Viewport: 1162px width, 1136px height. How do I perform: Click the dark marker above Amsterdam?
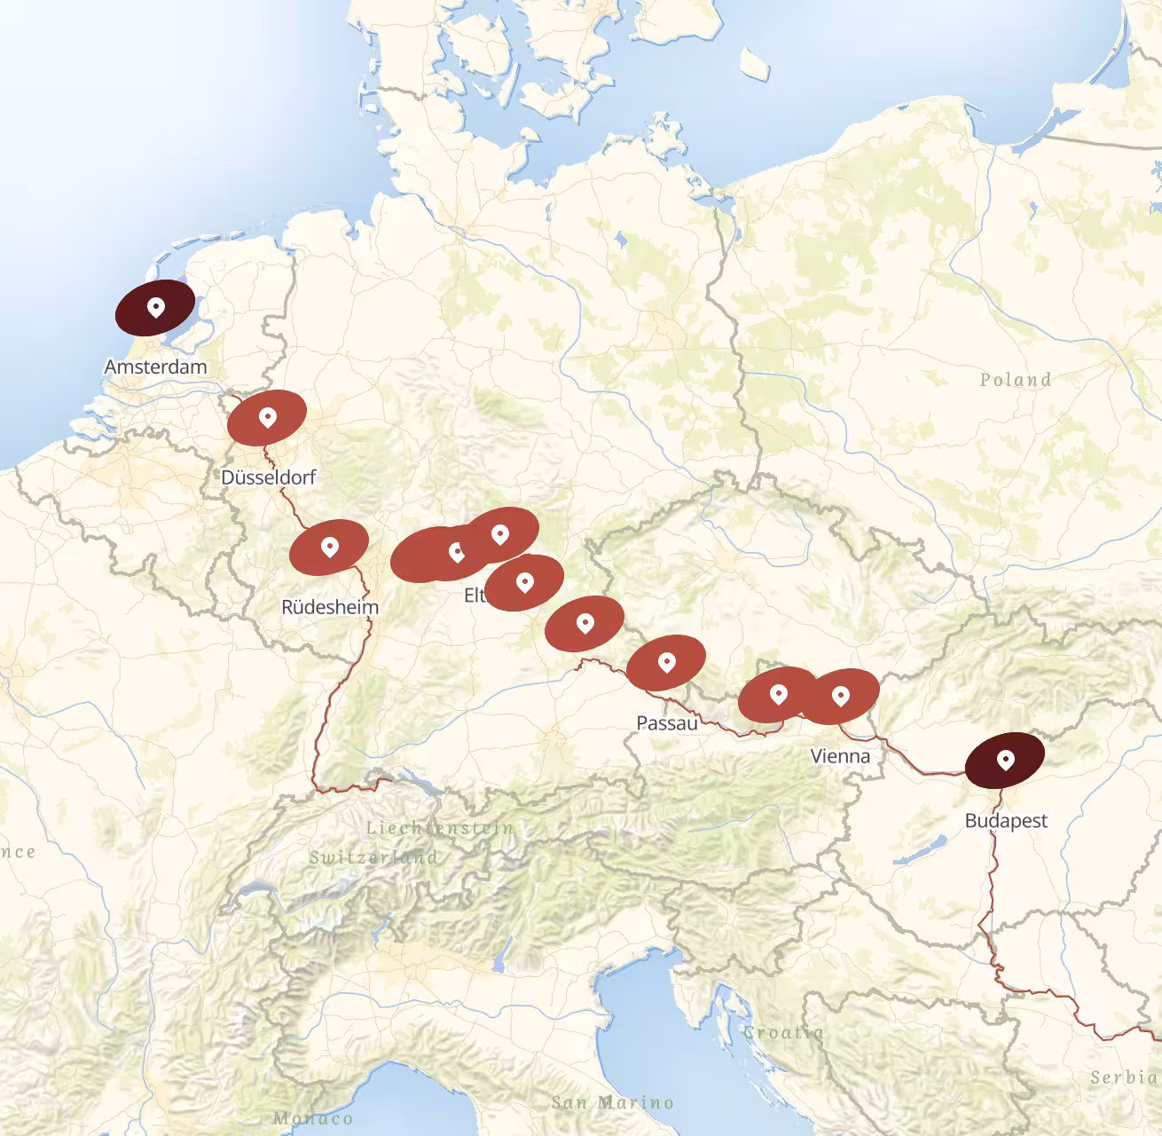pyautogui.click(x=155, y=308)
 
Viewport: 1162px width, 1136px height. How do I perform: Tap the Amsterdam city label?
pyautogui.click(x=155, y=367)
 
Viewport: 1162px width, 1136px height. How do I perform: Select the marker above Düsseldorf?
pyautogui.click(x=267, y=417)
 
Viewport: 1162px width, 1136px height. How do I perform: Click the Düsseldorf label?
pyautogui.click(x=268, y=477)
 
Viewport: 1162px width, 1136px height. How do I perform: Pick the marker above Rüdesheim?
pyautogui.click(x=329, y=547)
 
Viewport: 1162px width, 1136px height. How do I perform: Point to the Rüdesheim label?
pyautogui.click(x=329, y=607)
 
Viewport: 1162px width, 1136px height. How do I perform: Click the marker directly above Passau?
pyautogui.click(x=666, y=662)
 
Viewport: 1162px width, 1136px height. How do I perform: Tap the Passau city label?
pyautogui.click(x=666, y=723)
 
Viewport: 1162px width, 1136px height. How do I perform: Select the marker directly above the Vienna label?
pyautogui.click(x=840, y=696)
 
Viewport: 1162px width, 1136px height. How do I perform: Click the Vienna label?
pyautogui.click(x=840, y=756)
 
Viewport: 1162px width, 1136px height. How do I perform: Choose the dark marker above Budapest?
pyautogui.click(x=1005, y=760)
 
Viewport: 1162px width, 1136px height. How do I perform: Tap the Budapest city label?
pyautogui.click(x=1006, y=821)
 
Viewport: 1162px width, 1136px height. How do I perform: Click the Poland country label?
pyautogui.click(x=1016, y=380)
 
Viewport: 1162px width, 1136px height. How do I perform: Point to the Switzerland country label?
pyautogui.click(x=373, y=857)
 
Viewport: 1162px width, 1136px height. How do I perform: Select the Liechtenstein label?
pyautogui.click(x=440, y=828)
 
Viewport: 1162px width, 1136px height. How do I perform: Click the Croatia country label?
pyautogui.click(x=783, y=1032)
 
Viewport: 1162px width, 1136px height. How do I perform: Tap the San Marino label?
pyautogui.click(x=612, y=1102)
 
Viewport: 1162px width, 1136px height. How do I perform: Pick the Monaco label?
pyautogui.click(x=312, y=1118)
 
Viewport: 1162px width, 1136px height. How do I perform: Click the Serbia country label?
pyautogui.click(x=1125, y=1077)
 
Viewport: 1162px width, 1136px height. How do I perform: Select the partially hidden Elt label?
pyautogui.click(x=475, y=595)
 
